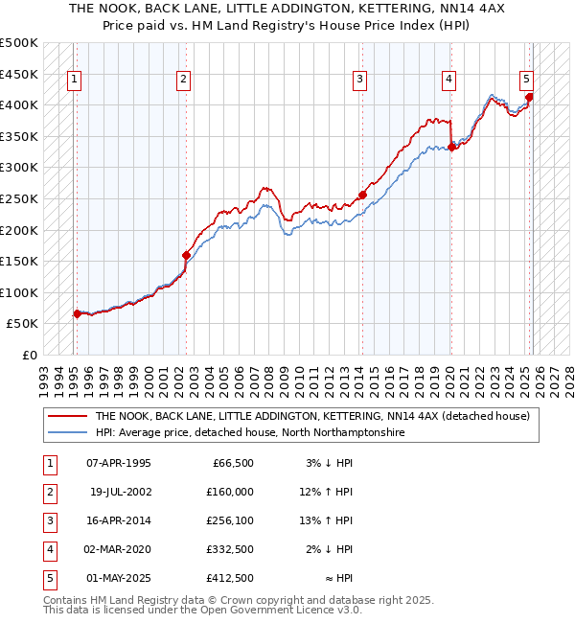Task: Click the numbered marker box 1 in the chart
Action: [75, 81]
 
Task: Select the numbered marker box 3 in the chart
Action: [359, 81]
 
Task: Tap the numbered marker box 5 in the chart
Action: [527, 81]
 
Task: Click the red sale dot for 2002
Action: [186, 255]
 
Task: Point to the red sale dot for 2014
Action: [362, 196]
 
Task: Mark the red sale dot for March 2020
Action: [451, 147]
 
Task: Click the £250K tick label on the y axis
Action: [19, 198]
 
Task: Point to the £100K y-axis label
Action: [19, 292]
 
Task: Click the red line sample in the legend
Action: [67, 416]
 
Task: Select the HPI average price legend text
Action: [249, 433]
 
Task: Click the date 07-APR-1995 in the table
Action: [119, 463]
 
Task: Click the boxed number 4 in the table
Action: [50, 549]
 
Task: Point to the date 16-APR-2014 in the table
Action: [119, 520]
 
